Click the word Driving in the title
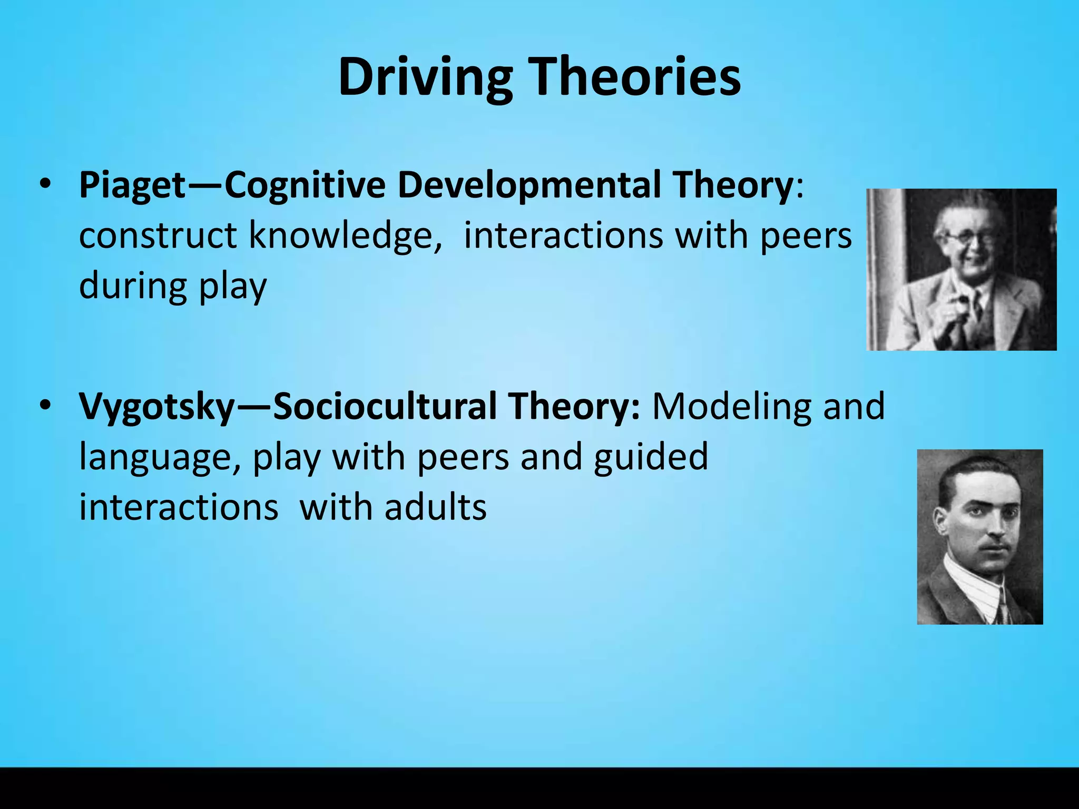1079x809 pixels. tap(425, 77)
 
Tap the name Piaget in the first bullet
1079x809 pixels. tap(132, 185)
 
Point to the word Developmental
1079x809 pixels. tap(529, 185)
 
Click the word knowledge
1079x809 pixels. tap(345, 235)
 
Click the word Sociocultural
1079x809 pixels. tap(385, 407)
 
